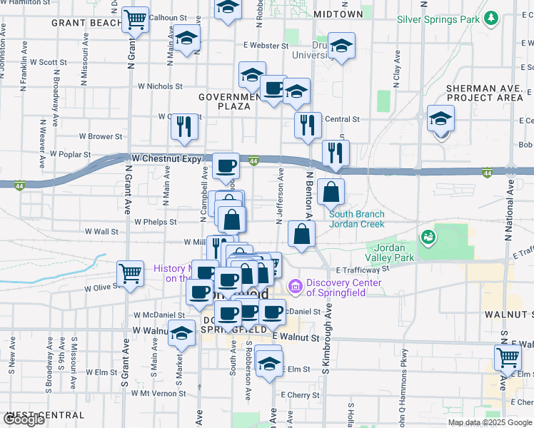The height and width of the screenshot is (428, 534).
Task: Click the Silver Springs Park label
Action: click(438, 19)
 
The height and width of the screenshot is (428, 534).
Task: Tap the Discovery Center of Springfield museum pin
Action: click(293, 287)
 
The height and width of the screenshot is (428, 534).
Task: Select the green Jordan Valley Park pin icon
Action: click(428, 236)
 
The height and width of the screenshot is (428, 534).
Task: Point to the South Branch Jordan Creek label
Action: click(356, 218)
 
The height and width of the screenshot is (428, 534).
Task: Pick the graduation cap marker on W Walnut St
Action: click(182, 332)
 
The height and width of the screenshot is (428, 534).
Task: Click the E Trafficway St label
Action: click(357, 269)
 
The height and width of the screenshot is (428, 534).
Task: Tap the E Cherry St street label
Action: click(300, 394)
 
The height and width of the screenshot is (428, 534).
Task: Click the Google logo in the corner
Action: click(24, 419)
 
